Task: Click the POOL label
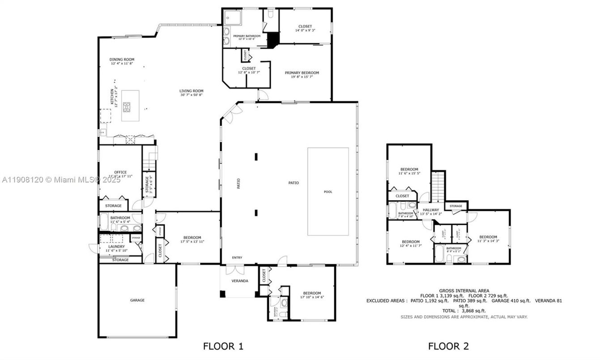[x=328, y=192]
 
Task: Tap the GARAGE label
[x=137, y=300]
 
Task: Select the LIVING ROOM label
[x=191, y=91]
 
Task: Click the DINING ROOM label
[x=122, y=60]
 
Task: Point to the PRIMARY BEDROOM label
[x=302, y=73]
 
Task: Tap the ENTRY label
[x=237, y=257]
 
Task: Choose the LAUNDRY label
[x=117, y=246]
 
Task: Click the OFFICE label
[x=120, y=172]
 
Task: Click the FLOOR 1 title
[x=223, y=346]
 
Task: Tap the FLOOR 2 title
[x=448, y=346]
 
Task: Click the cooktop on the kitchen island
[x=127, y=107]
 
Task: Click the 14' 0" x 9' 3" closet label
[x=305, y=26]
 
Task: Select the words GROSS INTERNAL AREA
[x=464, y=291]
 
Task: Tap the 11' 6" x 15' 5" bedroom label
[x=409, y=169]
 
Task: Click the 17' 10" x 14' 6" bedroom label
[x=312, y=293]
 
